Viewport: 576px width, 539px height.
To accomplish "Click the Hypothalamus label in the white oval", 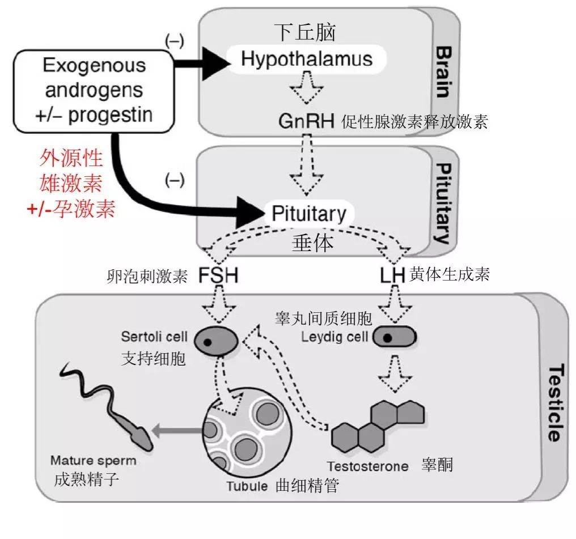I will click(x=307, y=59).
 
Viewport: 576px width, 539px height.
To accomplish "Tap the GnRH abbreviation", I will click(x=306, y=121).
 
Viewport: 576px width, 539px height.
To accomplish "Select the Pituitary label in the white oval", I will click(x=309, y=214).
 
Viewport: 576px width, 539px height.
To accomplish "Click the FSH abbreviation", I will click(x=218, y=275).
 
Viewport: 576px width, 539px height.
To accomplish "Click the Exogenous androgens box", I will click(x=91, y=90).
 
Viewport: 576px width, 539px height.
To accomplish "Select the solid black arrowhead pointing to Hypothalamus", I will click(x=214, y=62).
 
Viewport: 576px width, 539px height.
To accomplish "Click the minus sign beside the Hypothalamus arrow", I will click(x=174, y=41).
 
